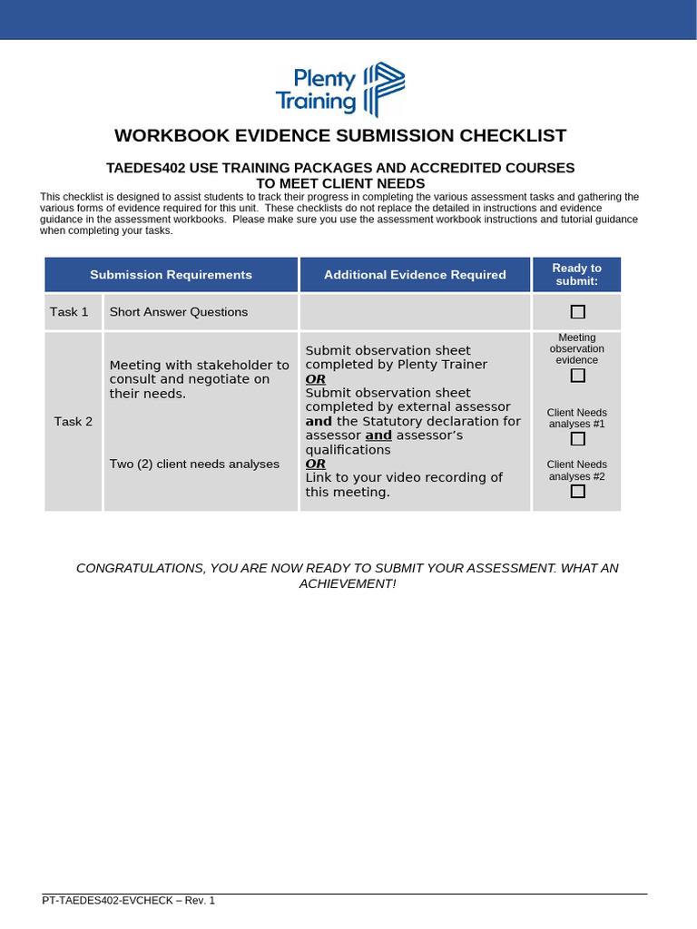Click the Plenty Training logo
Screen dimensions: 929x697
point(340,89)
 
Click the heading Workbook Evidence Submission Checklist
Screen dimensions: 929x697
point(340,136)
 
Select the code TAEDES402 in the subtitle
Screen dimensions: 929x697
point(143,168)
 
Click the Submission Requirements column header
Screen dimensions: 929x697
point(171,275)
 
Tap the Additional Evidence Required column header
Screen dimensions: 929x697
point(415,275)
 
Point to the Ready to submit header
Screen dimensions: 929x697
point(576,274)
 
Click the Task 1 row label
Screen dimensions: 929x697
point(70,312)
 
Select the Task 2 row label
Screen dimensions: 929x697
point(73,421)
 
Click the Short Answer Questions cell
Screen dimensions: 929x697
point(178,312)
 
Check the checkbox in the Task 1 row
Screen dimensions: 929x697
point(577,312)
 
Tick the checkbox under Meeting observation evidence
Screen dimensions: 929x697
point(577,376)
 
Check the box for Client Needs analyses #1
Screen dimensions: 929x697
point(577,439)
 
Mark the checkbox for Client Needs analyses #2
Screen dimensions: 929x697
point(577,492)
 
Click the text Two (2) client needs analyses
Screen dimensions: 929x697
point(194,464)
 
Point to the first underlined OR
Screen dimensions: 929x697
point(315,378)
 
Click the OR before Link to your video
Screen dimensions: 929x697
point(315,464)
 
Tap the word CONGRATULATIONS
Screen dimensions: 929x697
point(140,568)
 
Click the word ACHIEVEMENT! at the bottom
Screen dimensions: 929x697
point(348,583)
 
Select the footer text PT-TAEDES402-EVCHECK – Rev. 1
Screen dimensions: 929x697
point(129,900)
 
